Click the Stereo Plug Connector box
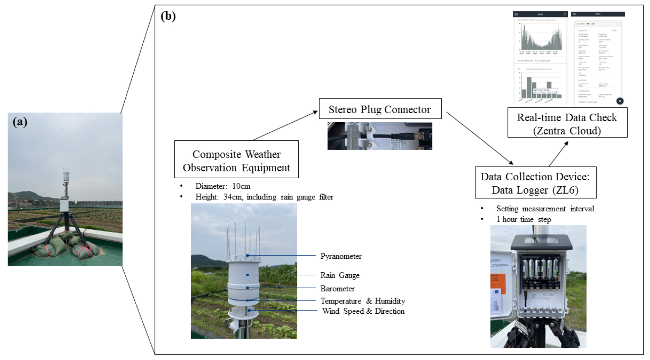(380, 109)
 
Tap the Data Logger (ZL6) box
(535, 183)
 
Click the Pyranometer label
(341, 256)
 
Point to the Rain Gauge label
(340, 275)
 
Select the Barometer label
(337, 288)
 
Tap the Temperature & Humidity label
(363, 301)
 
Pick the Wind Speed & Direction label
(363, 311)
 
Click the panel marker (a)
(20, 122)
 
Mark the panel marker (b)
(168, 16)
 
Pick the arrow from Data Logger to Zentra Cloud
(558, 154)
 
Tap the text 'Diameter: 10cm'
(223, 186)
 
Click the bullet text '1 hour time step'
(524, 219)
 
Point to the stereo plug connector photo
(380, 136)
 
